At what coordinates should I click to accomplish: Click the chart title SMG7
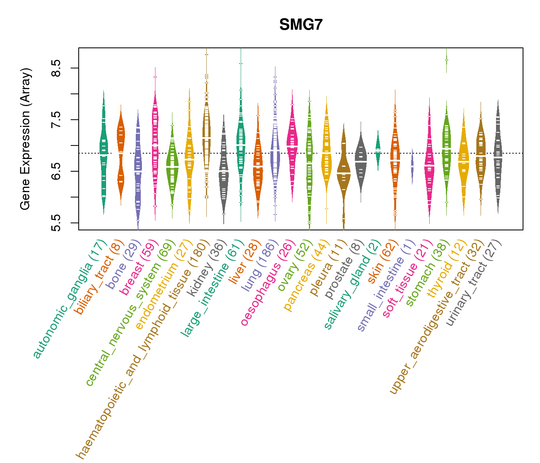(301, 25)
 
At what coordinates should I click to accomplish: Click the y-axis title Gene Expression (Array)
(25, 139)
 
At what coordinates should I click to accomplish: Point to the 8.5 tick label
(57, 68)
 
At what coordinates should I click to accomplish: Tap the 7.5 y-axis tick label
(57, 120)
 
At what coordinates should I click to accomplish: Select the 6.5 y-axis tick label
(57, 171)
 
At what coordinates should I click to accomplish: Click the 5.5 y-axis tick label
(57, 223)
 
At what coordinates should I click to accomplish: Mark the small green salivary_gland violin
(378, 150)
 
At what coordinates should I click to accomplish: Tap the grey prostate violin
(361, 162)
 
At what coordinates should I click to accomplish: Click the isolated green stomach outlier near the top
(446, 60)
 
